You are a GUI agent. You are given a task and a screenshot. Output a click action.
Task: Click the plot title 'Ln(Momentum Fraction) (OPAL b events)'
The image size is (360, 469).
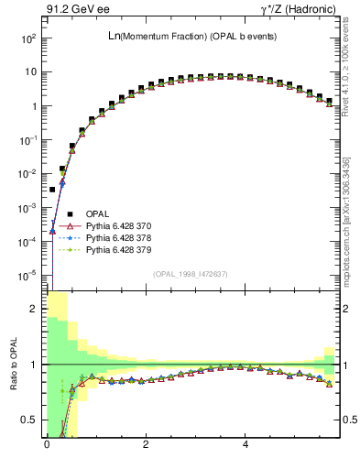(192, 36)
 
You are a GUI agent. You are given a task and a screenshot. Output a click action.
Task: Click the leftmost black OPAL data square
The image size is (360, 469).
(52, 190)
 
